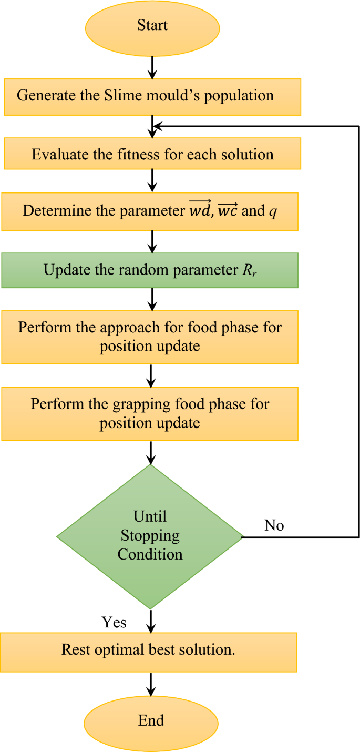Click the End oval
[x=151, y=721]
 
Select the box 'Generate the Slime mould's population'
[x=152, y=97]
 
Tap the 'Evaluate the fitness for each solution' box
[x=152, y=154]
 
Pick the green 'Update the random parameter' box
[x=150, y=270]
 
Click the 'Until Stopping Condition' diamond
[x=150, y=536]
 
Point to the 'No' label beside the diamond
[x=274, y=525]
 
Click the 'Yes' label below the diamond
[x=114, y=623]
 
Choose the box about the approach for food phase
[x=150, y=337]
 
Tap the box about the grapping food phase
[x=150, y=413]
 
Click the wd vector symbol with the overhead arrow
[x=200, y=210]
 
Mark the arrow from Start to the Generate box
[x=152, y=65]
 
